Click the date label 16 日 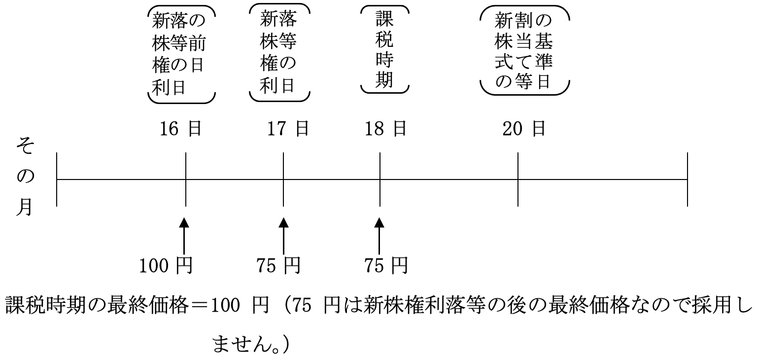click(x=180, y=129)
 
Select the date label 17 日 click(x=288, y=129)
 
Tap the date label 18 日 click(x=386, y=129)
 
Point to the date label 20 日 click(x=524, y=129)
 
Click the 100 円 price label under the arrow click(x=166, y=266)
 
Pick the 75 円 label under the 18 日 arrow click(x=386, y=266)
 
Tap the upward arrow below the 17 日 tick click(x=283, y=237)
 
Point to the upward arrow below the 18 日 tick click(x=379, y=237)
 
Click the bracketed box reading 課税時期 click(x=384, y=49)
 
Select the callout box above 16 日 click(x=181, y=54)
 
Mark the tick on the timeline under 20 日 click(x=518, y=180)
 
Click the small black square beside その click(x=50, y=146)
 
